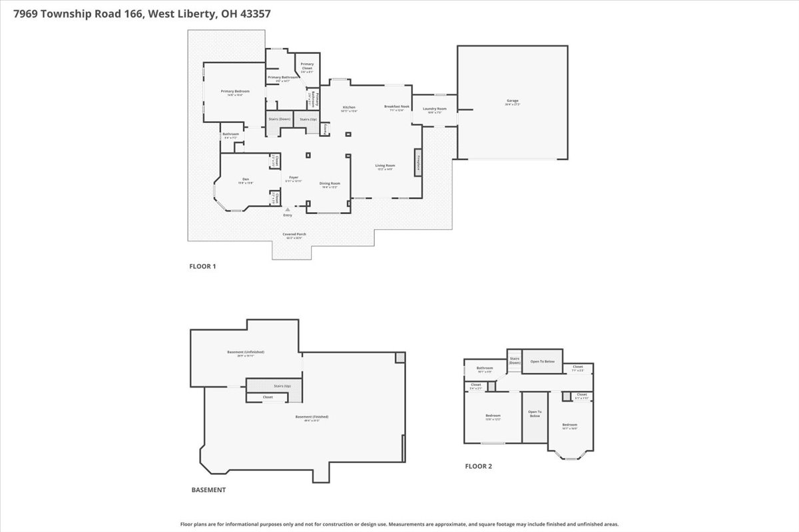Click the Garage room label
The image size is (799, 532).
coord(512,100)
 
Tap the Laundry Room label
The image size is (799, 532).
coord(434,108)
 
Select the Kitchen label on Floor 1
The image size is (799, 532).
coord(349,107)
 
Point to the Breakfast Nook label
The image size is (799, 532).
coord(396,106)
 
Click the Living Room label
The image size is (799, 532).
coord(385,166)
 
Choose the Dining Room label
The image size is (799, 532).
coord(330,184)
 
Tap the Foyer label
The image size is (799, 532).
coord(294,177)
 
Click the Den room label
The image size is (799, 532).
coord(246,179)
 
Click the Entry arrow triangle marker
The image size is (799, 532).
coord(288,209)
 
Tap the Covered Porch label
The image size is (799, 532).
coord(294,234)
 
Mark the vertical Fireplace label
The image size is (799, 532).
coord(418,162)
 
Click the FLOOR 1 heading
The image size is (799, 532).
coord(202,267)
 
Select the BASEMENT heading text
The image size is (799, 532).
coord(208,490)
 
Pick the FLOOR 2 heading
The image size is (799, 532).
coord(478,466)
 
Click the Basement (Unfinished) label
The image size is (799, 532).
coord(246,352)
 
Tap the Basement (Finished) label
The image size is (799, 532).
coord(312,417)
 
